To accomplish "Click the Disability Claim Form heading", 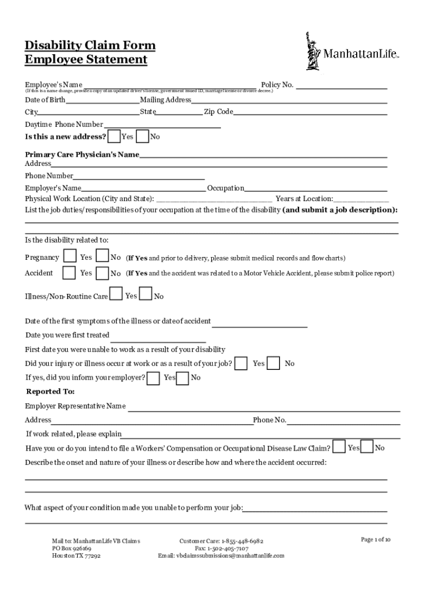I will (x=90, y=46).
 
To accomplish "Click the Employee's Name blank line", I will (x=170, y=86).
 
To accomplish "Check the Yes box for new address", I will (x=114, y=137).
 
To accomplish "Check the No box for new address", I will (x=143, y=137).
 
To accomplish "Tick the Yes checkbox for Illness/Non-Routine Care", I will (x=116, y=294).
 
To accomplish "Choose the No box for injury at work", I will (x=274, y=363).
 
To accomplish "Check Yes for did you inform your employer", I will (x=154, y=378).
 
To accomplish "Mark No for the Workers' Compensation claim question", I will (x=367, y=447).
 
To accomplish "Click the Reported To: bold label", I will (x=51, y=392).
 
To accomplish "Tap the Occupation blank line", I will (x=316, y=188).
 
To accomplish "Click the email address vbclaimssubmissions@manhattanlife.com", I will (x=221, y=556).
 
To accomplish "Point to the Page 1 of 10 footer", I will (x=376, y=540).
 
